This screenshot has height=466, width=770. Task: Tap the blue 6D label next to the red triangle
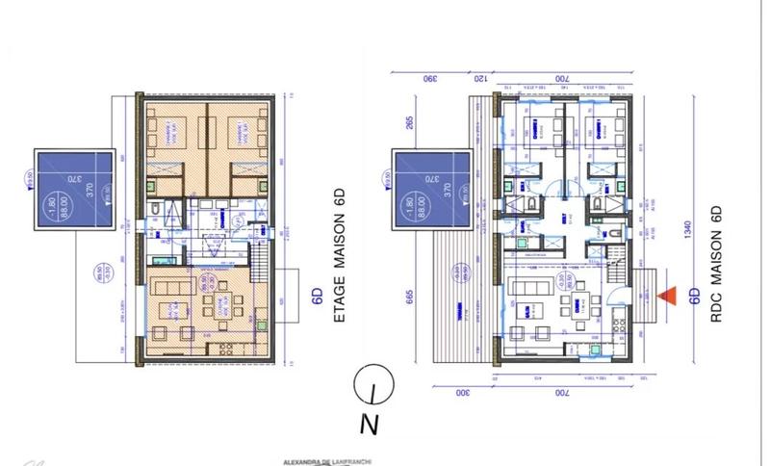[693, 298]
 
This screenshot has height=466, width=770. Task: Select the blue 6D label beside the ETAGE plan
[316, 298]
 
